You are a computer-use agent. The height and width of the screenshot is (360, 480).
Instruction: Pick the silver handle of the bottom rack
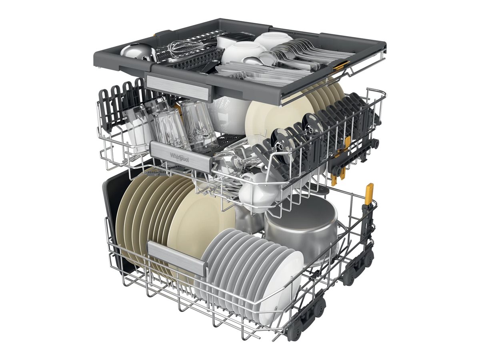[x=177, y=257]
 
